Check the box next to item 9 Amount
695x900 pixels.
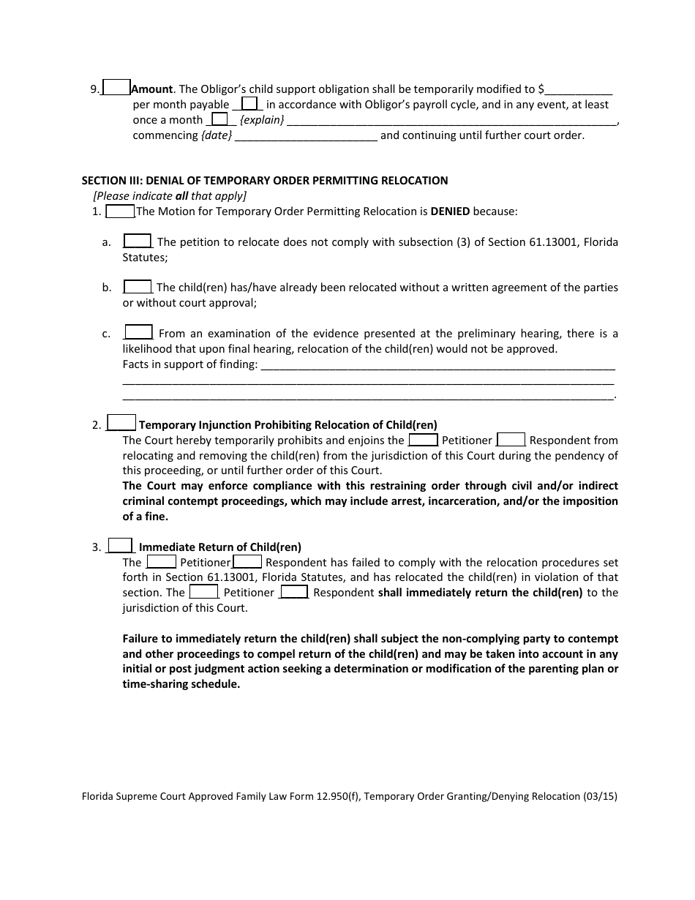coord(116,88)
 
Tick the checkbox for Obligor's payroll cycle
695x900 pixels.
coord(249,104)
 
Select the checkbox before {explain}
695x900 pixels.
coord(219,119)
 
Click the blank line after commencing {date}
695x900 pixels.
coord(307,136)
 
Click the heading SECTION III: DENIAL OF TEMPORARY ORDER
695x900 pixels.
coord(265,180)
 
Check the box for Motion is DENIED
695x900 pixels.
coord(120,211)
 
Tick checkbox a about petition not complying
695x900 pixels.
coord(138,241)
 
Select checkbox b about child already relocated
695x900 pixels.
coord(138,287)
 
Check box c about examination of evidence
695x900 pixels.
coord(138,332)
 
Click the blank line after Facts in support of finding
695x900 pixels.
coord(437,364)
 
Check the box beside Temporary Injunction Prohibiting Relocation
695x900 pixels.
coord(121,423)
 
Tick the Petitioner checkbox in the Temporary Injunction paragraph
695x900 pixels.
coord(423,440)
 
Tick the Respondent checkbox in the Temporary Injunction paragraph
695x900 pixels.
coord(511,440)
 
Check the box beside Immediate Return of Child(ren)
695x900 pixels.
coord(121,545)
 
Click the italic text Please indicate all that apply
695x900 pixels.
coord(170,196)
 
